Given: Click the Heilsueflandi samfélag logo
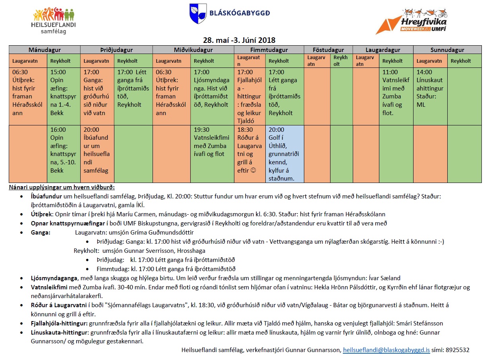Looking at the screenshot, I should pyautogui.click(x=54, y=19).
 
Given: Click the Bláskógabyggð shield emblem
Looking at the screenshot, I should pyautogui.click(x=197, y=13).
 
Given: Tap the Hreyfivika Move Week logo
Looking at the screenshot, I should pyautogui.click(x=412, y=21).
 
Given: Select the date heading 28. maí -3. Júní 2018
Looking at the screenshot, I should pyautogui.click(x=239, y=40).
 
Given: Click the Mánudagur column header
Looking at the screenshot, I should pyautogui.click(x=44, y=50).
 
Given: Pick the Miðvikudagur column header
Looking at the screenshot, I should pyautogui.click(x=193, y=50).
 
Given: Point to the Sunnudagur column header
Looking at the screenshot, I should pyautogui.click(x=446, y=50).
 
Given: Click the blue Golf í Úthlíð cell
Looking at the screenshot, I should pyautogui.click(x=284, y=154).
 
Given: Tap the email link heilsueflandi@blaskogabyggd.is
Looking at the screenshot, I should pyautogui.click(x=386, y=350).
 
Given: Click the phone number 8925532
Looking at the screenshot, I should pyautogui.click(x=458, y=350).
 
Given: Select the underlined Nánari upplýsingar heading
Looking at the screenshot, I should pyautogui.click(x=62, y=187).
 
